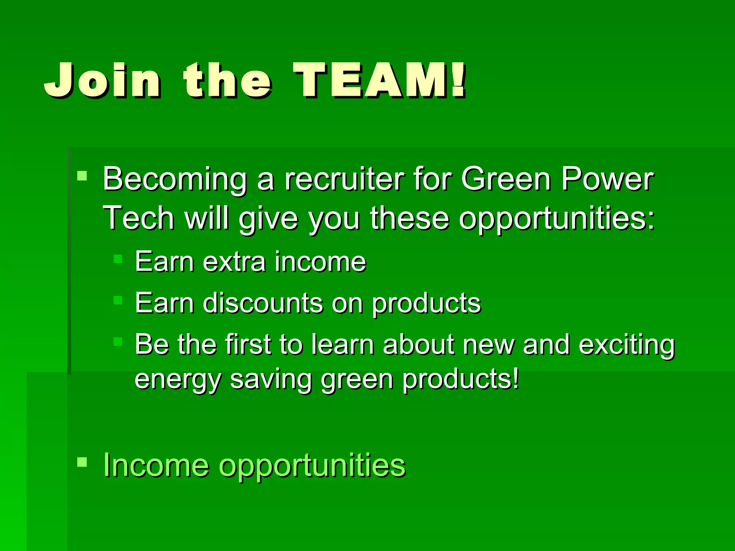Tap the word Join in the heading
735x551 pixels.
pos(102,81)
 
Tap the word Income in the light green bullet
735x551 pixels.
pos(156,465)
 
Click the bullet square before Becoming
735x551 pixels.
pos(82,175)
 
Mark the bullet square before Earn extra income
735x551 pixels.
pos(118,259)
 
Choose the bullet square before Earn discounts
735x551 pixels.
pos(118,300)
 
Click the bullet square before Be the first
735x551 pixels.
pos(118,341)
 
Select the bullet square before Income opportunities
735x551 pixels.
pos(82,462)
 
